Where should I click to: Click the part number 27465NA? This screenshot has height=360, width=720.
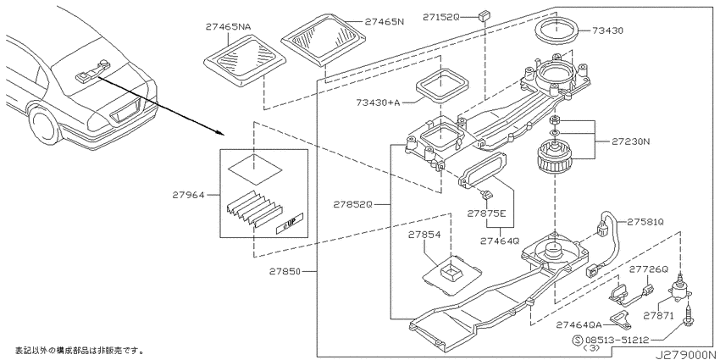click(x=228, y=27)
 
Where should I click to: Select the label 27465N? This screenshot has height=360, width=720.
click(x=384, y=21)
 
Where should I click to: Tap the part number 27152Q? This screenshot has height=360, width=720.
click(x=440, y=17)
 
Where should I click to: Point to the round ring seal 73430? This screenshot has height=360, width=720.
click(x=556, y=30)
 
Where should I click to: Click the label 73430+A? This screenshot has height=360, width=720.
click(x=378, y=102)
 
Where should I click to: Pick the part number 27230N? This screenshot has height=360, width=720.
click(x=630, y=142)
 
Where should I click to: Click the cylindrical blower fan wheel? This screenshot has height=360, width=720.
click(x=555, y=157)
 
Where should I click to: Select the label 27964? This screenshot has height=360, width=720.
click(x=188, y=195)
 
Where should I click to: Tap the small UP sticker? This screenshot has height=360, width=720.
click(x=290, y=224)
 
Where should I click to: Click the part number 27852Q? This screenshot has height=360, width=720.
click(x=352, y=205)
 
